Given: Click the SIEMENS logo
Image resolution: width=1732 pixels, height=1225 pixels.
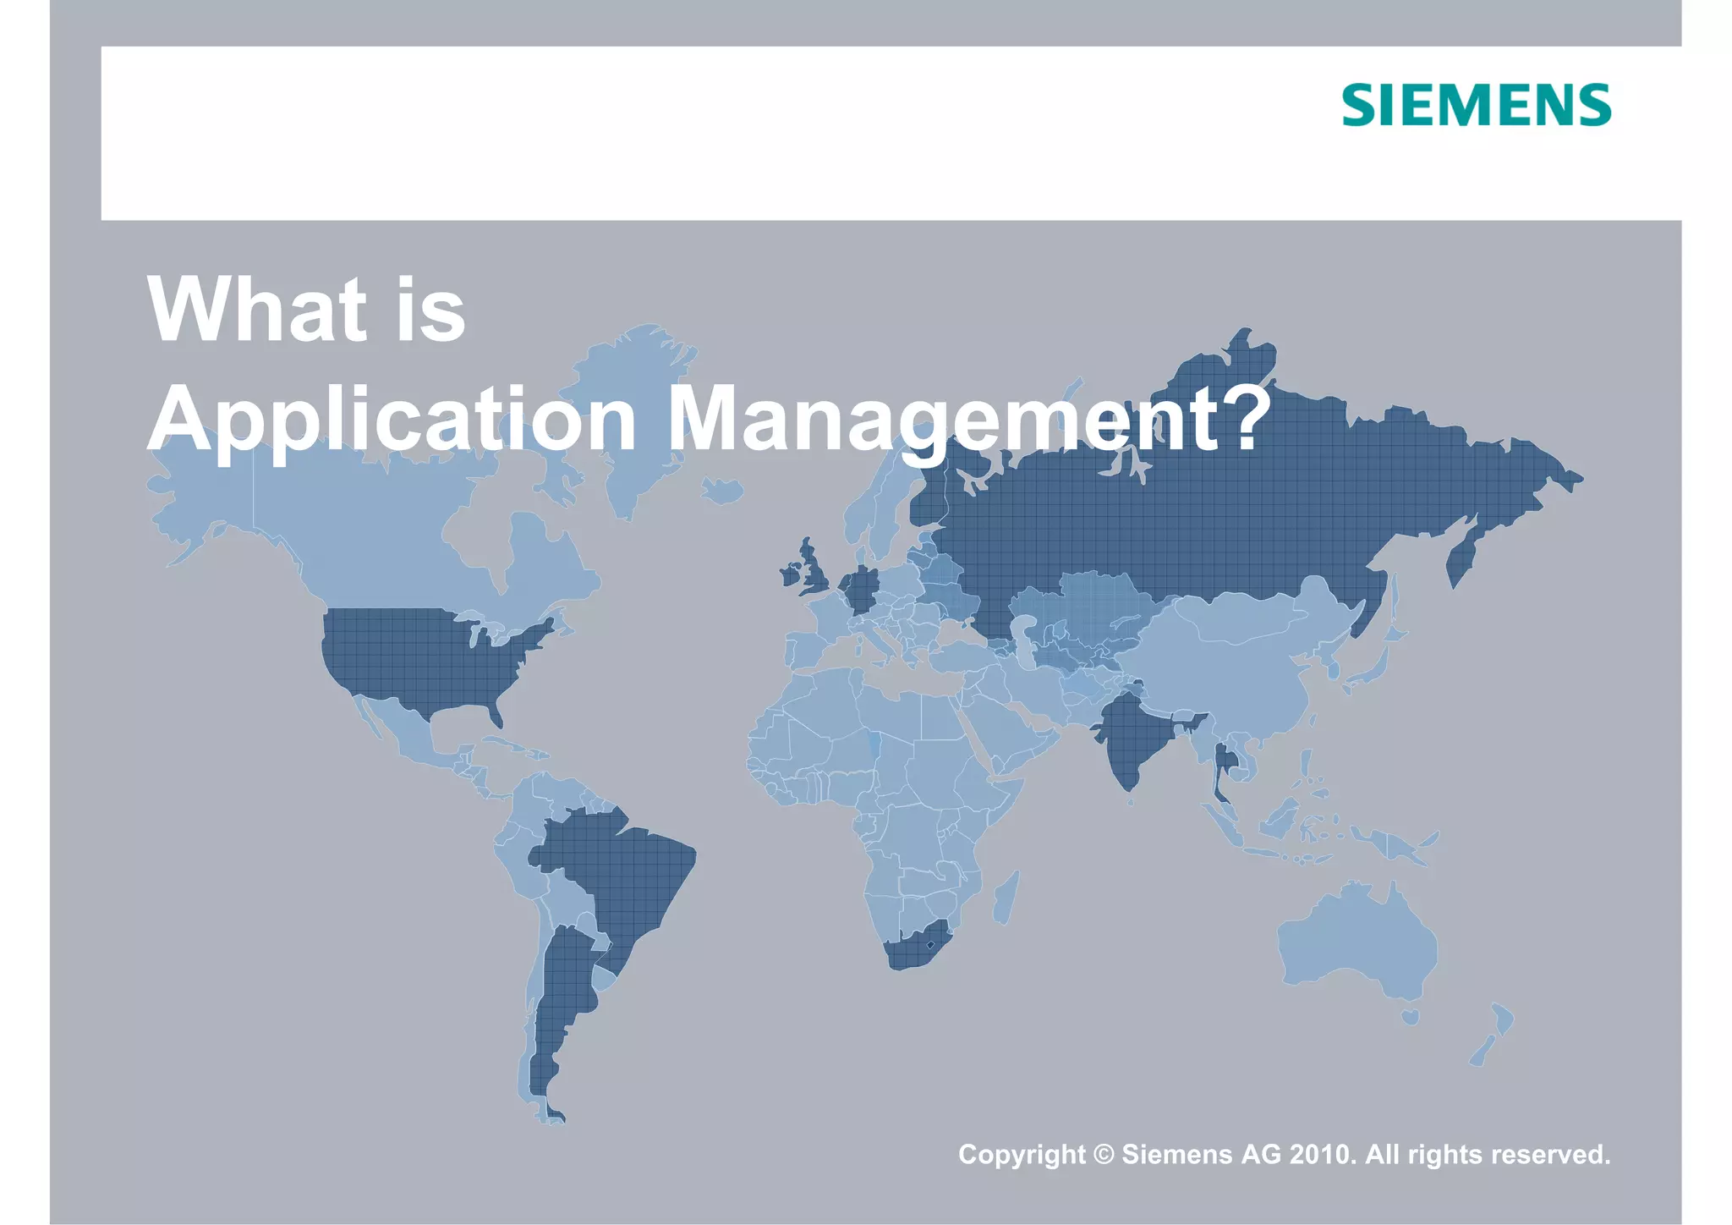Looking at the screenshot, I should click(1476, 106).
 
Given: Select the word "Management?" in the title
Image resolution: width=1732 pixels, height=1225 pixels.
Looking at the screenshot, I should click(969, 419).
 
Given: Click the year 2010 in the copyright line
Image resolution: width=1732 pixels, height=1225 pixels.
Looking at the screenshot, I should click(1322, 1155).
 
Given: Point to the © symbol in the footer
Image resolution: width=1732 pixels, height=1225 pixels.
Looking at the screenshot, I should click(1104, 1155).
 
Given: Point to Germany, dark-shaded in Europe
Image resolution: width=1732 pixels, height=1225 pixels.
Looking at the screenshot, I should click(861, 588).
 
